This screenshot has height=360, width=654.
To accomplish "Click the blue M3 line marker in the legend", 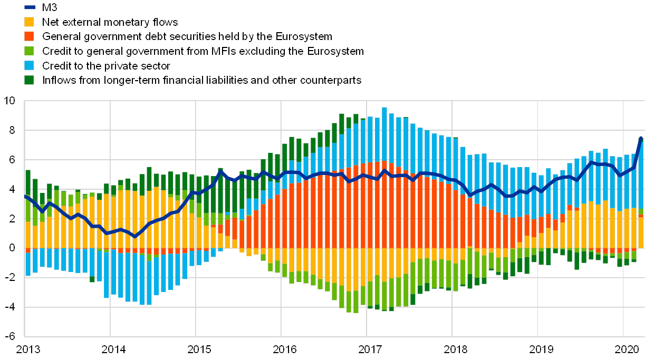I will coord(30,7).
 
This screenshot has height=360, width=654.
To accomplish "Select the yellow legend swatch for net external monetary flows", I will coord(30,22).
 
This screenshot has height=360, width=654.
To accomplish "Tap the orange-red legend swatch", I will coord(30,36).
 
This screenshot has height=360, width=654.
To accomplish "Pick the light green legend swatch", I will coord(30,51).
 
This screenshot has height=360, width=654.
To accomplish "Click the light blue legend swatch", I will coord(30,65).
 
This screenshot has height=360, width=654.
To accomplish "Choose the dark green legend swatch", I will coord(30,80).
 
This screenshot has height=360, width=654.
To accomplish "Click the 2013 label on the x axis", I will coord(28,349).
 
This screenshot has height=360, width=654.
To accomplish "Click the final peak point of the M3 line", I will coord(641,139).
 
